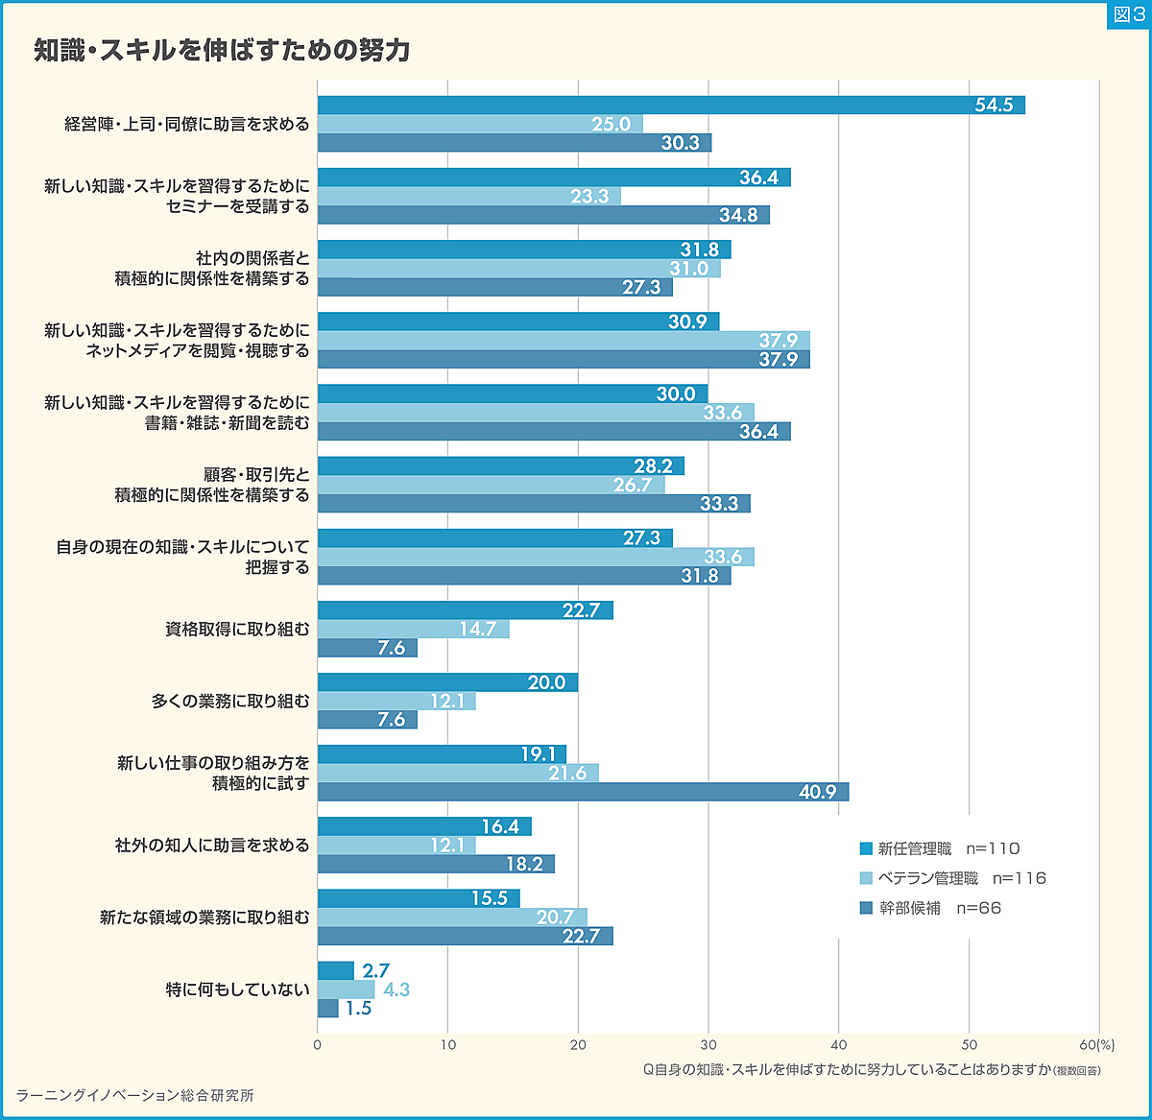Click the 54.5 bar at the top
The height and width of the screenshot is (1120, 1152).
[670, 106]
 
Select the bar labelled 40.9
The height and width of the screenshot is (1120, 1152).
[582, 792]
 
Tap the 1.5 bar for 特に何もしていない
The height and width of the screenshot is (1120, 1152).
[327, 1008]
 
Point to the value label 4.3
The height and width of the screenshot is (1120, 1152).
[396, 989]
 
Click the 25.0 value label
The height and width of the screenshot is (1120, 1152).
[611, 124]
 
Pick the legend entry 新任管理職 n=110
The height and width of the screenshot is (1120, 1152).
[939, 848]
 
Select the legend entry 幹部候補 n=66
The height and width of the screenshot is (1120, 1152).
[929, 908]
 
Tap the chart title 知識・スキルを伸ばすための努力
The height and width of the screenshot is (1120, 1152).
[222, 50]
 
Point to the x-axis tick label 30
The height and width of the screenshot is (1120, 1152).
[708, 1045]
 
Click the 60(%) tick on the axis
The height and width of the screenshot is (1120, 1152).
[1096, 1045]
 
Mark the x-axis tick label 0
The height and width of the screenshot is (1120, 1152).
[318, 1045]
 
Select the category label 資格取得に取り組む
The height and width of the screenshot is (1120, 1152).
[237, 630]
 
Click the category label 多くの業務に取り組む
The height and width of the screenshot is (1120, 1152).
[230, 702]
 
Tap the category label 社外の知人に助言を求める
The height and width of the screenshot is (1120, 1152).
[212, 846]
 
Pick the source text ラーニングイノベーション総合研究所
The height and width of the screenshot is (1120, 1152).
[135, 1095]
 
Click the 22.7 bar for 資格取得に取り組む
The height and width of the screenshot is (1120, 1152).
[465, 610]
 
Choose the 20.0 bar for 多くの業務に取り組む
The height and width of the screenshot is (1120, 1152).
[447, 682]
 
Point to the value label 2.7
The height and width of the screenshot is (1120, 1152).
[376, 971]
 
